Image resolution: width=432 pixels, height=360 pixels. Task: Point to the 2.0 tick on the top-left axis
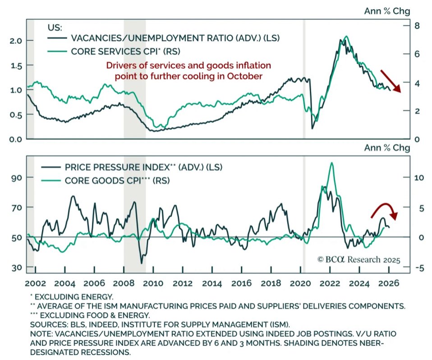pyautogui.click(x=16, y=41)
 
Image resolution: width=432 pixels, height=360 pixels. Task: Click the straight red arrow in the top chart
pyautogui.click(x=390, y=81)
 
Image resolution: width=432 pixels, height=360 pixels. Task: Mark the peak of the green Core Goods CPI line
pyautogui.click(x=332, y=163)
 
